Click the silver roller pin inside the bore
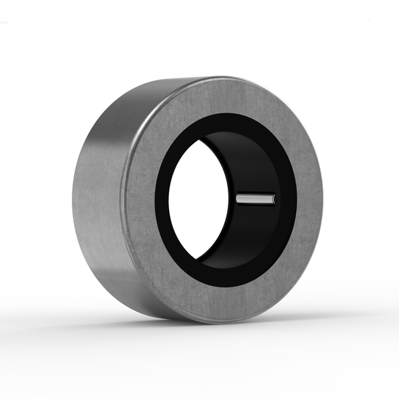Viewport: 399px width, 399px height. tap(255, 197)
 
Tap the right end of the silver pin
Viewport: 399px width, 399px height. tap(274, 197)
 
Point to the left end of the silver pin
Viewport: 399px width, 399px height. tap(238, 197)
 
